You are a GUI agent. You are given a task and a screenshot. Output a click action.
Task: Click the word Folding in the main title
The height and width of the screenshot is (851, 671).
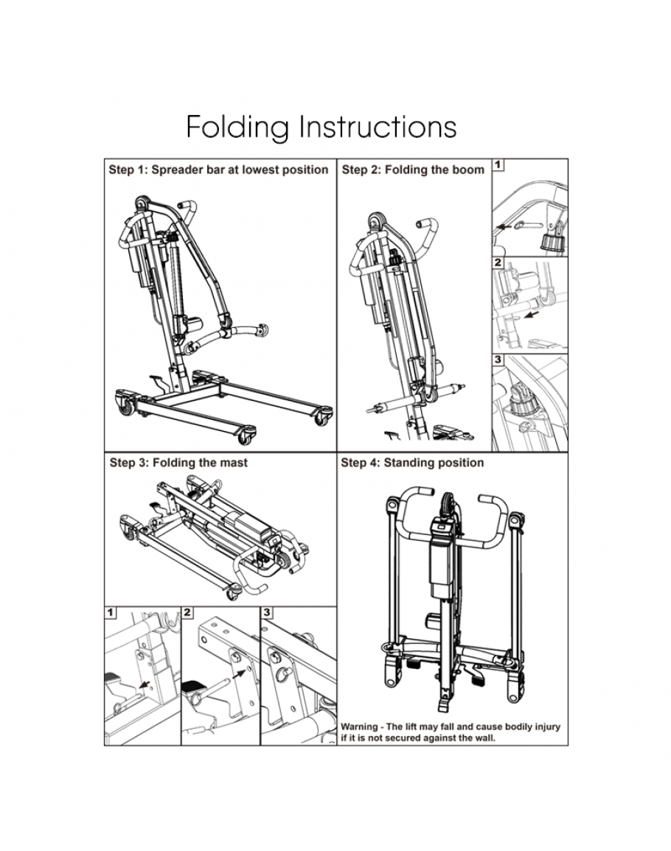(237, 127)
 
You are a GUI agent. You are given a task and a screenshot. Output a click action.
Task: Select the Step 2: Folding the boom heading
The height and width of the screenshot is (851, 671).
(413, 169)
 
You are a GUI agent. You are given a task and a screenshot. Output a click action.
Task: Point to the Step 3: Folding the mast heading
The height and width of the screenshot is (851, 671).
(178, 463)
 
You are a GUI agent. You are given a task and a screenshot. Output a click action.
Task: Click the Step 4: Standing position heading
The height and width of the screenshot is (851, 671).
(412, 463)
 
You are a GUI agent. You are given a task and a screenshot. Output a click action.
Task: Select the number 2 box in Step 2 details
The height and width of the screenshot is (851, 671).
(498, 263)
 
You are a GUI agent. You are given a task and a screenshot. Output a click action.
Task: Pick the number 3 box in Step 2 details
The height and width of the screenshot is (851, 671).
(498, 361)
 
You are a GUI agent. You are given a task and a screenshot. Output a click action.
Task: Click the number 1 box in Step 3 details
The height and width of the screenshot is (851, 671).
(111, 612)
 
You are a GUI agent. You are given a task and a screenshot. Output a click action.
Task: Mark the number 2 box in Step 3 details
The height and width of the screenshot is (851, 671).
(188, 612)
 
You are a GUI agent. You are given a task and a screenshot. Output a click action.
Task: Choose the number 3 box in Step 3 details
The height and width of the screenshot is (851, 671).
(267, 612)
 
